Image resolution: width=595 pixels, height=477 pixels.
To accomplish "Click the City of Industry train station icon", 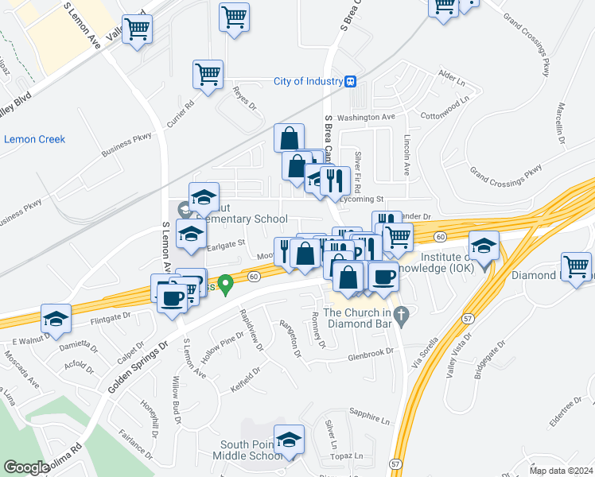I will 350,81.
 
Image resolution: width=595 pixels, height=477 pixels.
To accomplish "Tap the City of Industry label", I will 306,81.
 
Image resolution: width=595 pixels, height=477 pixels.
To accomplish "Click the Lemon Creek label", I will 34,139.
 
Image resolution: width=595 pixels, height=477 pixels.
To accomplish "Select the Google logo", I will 26,467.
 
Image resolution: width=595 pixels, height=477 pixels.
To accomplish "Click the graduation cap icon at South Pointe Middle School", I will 290,440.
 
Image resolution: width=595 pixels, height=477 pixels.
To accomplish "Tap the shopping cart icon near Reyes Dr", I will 207,75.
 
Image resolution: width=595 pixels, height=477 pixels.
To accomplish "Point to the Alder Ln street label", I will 451,77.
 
